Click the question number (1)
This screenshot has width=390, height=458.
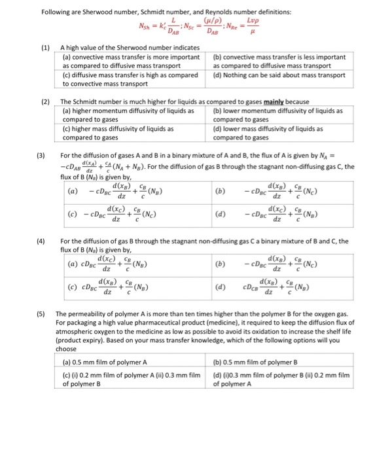click(46, 48)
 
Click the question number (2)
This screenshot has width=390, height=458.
click(46, 102)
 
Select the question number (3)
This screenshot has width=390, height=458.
click(41, 156)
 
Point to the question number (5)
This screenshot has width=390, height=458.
click(41, 314)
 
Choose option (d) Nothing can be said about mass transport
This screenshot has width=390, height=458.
click(279, 75)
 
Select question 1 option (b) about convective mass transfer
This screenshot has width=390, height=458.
click(279, 62)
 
